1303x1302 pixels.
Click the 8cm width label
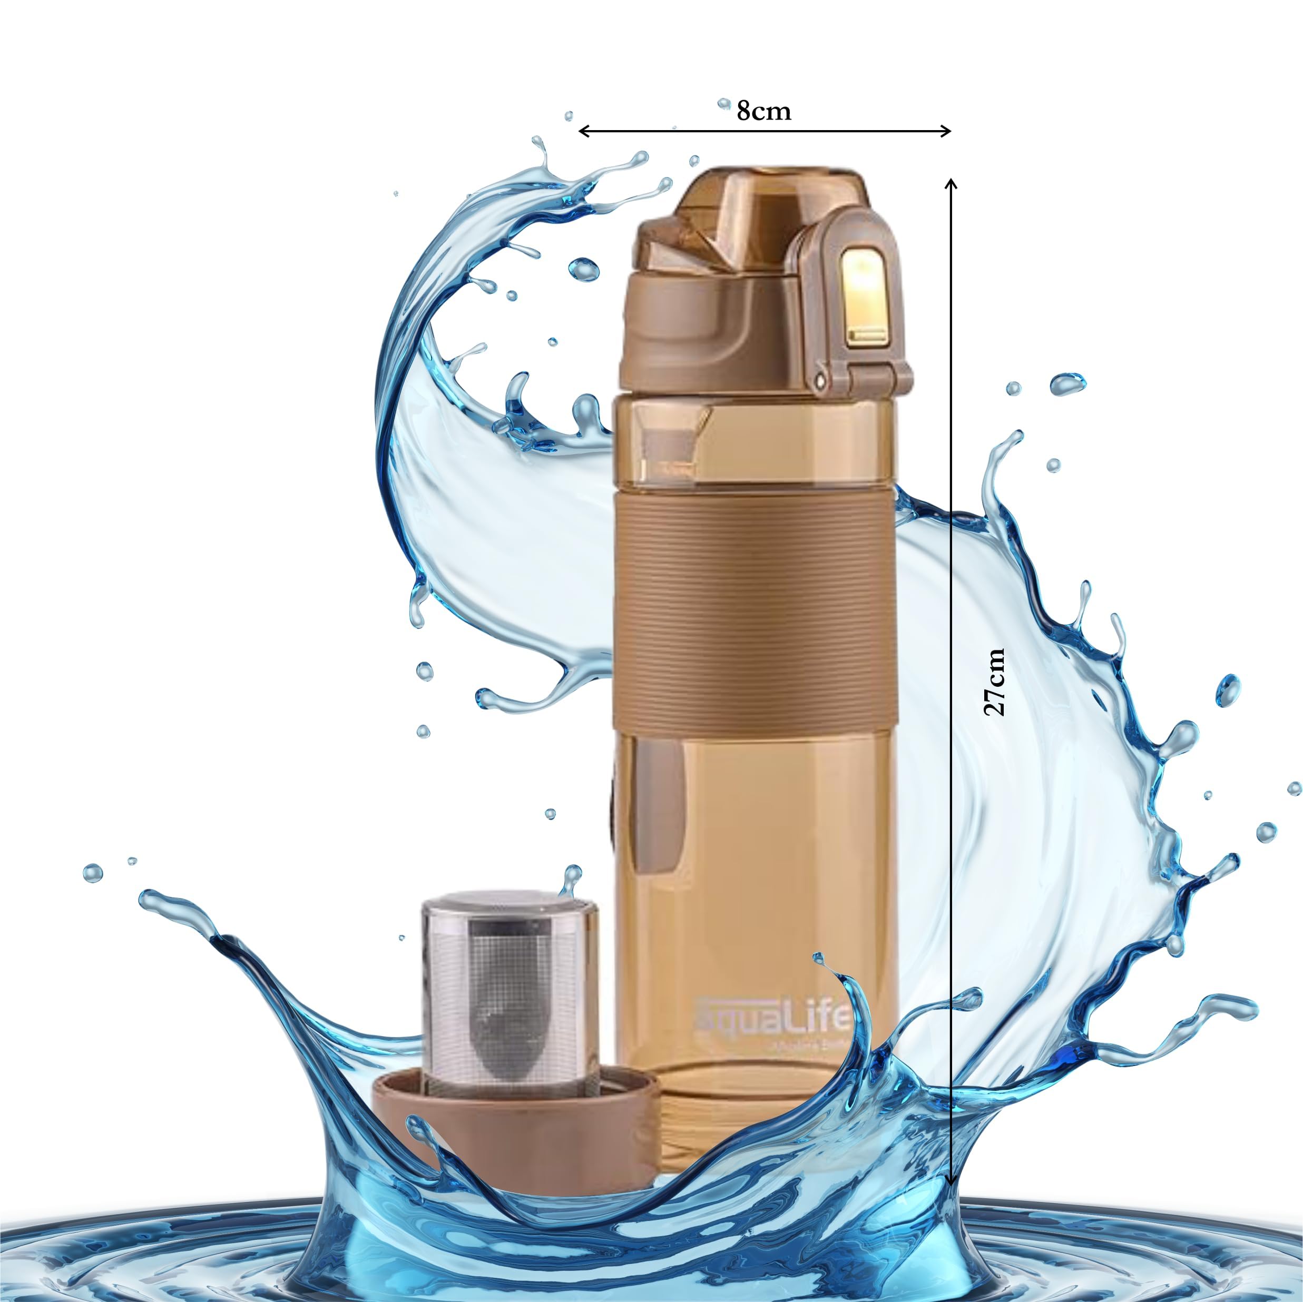tap(763, 110)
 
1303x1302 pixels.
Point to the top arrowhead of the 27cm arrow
tap(951, 183)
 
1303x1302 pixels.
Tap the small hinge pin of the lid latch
tap(820, 381)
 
